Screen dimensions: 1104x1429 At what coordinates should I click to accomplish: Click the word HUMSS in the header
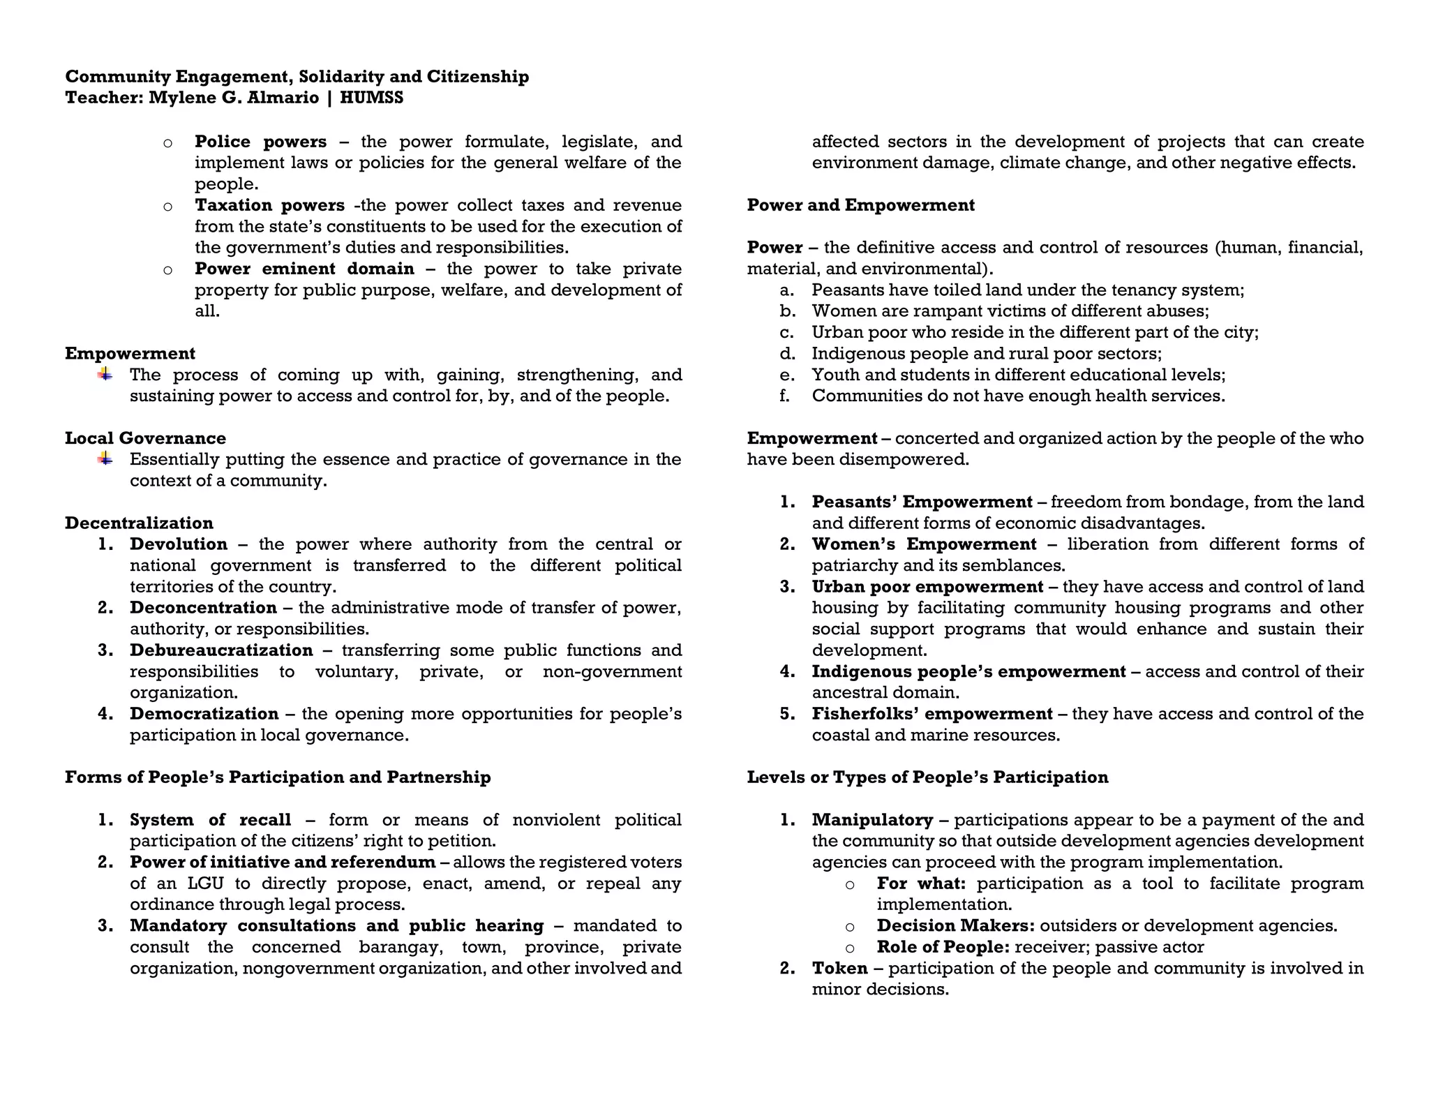click(x=371, y=98)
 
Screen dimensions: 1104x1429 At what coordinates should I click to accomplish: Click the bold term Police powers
click(x=260, y=142)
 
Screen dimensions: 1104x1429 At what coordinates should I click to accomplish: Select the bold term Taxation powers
click(x=269, y=205)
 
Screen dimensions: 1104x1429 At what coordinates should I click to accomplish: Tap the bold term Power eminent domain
click(x=304, y=269)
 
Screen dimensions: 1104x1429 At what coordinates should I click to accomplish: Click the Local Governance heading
click(x=145, y=438)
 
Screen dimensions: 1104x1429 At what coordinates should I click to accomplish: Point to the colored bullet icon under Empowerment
click(x=105, y=375)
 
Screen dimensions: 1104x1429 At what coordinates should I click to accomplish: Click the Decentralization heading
click(x=139, y=523)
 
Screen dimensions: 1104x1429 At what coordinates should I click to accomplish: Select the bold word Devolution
click(x=179, y=544)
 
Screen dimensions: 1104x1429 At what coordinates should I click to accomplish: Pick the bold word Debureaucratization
click(x=221, y=650)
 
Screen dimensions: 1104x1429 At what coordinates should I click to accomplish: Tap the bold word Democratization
click(x=204, y=714)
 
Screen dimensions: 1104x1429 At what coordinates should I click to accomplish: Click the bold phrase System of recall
click(x=210, y=820)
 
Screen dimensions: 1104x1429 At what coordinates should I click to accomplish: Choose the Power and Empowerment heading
click(x=860, y=205)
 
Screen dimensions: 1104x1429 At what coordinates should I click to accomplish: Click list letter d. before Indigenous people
click(x=786, y=354)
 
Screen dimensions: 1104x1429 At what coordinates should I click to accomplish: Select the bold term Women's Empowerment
click(x=924, y=544)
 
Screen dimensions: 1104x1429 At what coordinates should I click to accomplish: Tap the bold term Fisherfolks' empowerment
click(x=932, y=714)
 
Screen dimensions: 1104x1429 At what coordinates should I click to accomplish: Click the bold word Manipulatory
click(x=872, y=820)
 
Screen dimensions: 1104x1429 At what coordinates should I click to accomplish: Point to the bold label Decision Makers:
click(x=955, y=926)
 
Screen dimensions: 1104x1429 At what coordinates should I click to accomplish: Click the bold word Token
click(x=839, y=969)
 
